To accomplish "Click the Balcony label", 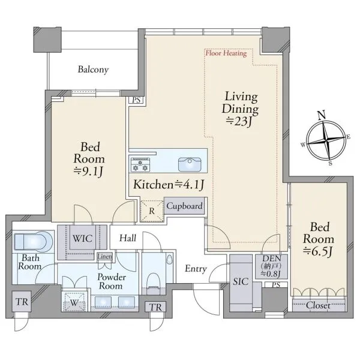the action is point(93,70).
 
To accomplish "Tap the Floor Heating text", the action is point(226,53).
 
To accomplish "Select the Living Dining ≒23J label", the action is point(240,109).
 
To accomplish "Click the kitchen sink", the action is point(190,164).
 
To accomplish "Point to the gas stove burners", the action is point(140,165).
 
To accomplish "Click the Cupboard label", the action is point(184,206).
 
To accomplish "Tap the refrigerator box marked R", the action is point(152,211).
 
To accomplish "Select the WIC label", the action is point(82,238).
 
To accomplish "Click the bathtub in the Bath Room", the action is point(33,242).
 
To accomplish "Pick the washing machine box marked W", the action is point(74,302).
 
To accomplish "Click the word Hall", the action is point(128,238).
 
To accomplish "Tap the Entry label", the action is point(196,269).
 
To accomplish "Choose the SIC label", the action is point(241,281).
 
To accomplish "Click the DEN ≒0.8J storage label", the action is point(271,266).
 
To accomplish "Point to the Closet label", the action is point(318,305).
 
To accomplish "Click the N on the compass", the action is point(322,115).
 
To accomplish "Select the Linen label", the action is point(104,256).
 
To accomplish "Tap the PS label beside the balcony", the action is point(136,100).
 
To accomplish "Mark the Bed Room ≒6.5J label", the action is point(319,239).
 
